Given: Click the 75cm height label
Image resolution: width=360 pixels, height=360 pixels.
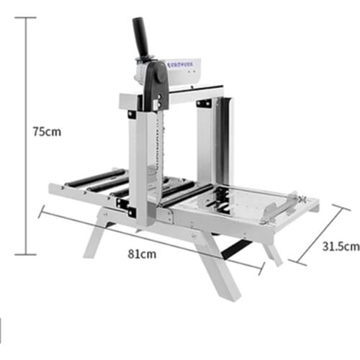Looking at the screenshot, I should click(x=48, y=132).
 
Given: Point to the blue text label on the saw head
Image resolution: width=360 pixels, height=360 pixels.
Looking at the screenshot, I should click(x=184, y=63).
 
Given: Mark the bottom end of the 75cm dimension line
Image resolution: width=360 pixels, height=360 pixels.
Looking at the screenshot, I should click(x=27, y=254).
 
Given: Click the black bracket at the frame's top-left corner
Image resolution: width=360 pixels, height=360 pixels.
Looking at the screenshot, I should click(x=132, y=114).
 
